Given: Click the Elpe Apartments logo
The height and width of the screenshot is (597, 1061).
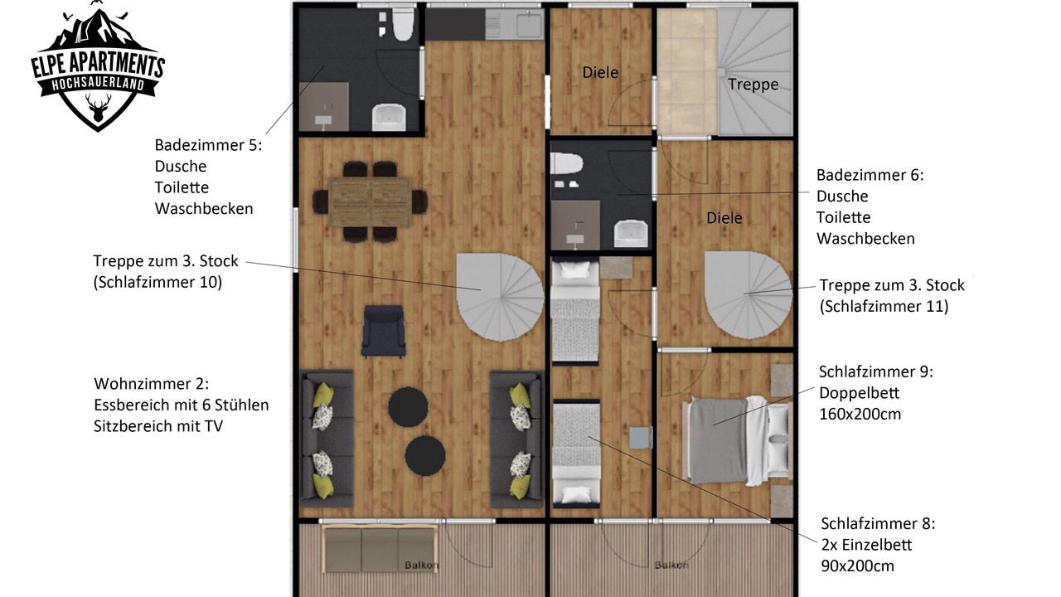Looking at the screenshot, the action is point(98,66).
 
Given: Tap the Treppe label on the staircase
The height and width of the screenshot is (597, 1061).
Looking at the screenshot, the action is point(753,85).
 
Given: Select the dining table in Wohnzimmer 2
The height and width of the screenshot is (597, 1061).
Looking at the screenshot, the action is point(370,201).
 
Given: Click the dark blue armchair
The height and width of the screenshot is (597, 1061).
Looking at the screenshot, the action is point(384,331).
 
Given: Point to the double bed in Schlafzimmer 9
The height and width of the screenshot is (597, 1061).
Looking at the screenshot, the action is point(737,440).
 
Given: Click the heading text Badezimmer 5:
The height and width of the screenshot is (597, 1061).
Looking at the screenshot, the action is point(208,145).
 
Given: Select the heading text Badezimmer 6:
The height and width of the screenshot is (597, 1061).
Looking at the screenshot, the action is point(870,175).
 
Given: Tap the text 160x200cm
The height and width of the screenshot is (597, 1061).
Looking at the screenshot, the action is point(860,414).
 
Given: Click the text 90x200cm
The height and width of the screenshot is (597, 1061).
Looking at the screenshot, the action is point(857,565).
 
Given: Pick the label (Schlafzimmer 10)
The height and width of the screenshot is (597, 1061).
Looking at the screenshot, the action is point(157,283).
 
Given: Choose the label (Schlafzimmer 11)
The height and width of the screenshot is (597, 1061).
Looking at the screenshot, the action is point(884,306).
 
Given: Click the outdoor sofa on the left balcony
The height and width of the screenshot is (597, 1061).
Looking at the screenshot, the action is point(380,549).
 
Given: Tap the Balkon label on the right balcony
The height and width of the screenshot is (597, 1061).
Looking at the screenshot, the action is point(671,565).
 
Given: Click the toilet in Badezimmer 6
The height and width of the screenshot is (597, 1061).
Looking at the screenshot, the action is point(566,163).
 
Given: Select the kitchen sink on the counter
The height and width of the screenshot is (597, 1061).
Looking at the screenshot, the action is point(530,24).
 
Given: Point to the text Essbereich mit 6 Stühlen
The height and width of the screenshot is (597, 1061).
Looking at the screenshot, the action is point(181,405).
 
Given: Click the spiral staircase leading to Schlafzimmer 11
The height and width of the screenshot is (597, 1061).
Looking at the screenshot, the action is point(749,294).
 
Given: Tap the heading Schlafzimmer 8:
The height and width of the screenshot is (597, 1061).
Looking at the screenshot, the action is point(878,523).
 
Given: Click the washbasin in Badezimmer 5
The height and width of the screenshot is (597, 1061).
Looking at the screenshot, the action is point(389,117).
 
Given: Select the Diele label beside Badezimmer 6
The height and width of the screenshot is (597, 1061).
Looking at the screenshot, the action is point(724,218).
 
